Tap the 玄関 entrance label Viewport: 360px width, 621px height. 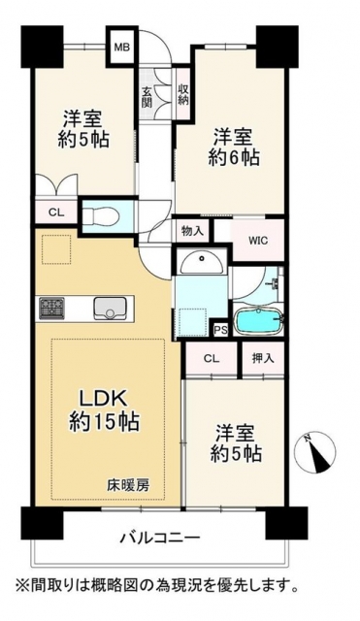tap(147, 97)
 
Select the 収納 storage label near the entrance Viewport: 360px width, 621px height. tap(183, 95)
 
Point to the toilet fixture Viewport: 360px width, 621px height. tap(100, 217)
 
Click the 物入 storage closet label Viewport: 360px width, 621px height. tap(192, 231)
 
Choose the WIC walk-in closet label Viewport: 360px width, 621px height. tap(258, 241)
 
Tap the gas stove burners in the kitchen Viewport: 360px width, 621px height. tap(51, 308)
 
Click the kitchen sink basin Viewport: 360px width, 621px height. tap(109, 309)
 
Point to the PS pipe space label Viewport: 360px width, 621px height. tap(220, 331)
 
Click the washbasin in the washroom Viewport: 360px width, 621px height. tap(203, 263)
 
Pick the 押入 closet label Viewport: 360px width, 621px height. tap(263, 359)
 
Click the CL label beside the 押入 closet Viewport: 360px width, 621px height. tap(212, 359)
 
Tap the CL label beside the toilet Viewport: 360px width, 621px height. tap(56, 212)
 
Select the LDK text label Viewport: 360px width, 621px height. tap(104, 399)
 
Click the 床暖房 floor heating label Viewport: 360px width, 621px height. tap(128, 485)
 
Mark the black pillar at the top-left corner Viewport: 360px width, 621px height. tap(43, 47)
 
